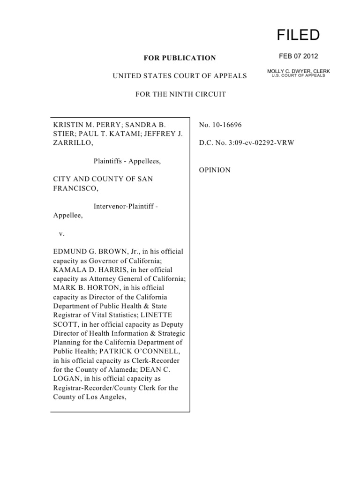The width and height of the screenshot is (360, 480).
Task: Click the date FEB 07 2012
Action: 299,56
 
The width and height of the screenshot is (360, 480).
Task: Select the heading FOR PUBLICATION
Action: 180,58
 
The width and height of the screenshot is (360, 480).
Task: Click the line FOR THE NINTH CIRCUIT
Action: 180,94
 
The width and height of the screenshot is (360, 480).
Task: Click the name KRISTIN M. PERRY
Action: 80,125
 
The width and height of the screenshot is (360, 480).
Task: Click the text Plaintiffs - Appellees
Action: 127,161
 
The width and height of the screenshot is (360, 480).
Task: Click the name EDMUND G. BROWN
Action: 85,252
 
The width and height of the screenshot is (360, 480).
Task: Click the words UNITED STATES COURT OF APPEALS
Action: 180,76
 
